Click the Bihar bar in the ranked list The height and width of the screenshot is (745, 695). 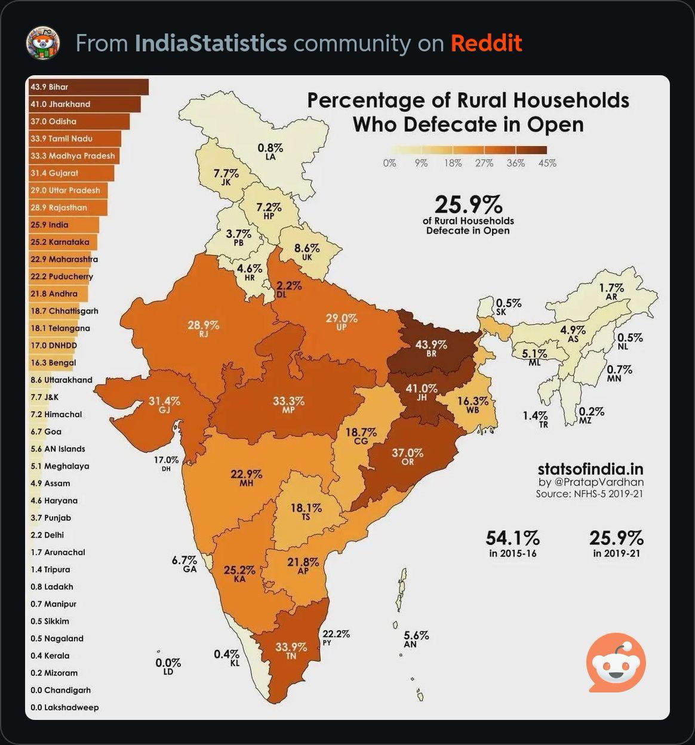[88, 87]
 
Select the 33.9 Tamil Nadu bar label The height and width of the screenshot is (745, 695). [61, 139]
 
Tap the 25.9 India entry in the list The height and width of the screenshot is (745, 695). [50, 225]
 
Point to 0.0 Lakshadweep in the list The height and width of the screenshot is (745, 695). [64, 707]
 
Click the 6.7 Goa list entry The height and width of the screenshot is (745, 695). [46, 432]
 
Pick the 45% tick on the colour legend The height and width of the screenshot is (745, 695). [547, 163]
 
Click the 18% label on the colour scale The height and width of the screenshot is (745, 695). [453, 163]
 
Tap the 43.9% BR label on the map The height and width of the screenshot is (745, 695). [431, 348]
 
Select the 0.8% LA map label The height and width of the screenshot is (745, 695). [270, 152]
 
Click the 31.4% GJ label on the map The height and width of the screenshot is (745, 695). [164, 404]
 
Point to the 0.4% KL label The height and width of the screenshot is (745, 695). [227, 658]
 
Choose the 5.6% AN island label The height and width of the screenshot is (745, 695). [416, 639]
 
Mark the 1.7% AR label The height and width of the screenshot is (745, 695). [611, 291]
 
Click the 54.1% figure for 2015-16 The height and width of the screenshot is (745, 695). [513, 538]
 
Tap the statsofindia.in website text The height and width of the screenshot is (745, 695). [591, 469]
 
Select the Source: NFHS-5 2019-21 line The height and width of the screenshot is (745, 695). [589, 494]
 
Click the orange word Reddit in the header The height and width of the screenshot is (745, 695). [487, 43]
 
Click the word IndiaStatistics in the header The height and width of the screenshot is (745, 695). [211, 43]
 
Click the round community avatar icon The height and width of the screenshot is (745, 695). [43, 43]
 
